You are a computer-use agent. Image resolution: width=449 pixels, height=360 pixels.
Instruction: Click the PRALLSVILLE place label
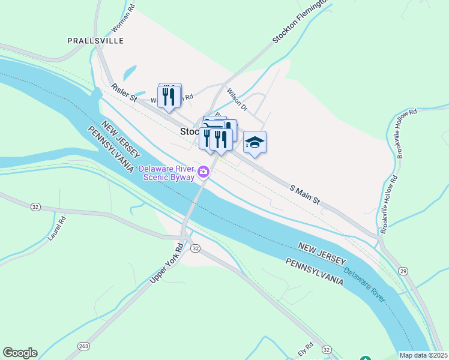click(95, 41)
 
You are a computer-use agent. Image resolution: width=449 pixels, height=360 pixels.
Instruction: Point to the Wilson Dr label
click(237, 100)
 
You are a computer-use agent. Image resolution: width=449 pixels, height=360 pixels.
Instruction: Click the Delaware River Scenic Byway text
click(167, 173)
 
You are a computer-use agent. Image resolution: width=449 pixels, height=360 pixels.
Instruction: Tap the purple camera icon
click(204, 173)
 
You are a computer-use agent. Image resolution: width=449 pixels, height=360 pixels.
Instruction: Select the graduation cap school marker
click(255, 143)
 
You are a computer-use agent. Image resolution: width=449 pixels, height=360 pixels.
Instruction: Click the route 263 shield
click(83, 346)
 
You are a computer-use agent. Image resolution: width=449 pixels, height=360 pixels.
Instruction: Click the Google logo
click(20, 353)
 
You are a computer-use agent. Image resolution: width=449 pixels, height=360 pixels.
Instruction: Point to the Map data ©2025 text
click(423, 355)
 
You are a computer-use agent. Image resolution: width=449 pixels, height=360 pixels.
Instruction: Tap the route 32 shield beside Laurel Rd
click(35, 206)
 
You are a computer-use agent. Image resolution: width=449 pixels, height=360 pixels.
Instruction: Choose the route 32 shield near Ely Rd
click(327, 349)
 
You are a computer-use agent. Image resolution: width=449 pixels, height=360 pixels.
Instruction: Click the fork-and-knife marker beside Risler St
click(169, 96)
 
